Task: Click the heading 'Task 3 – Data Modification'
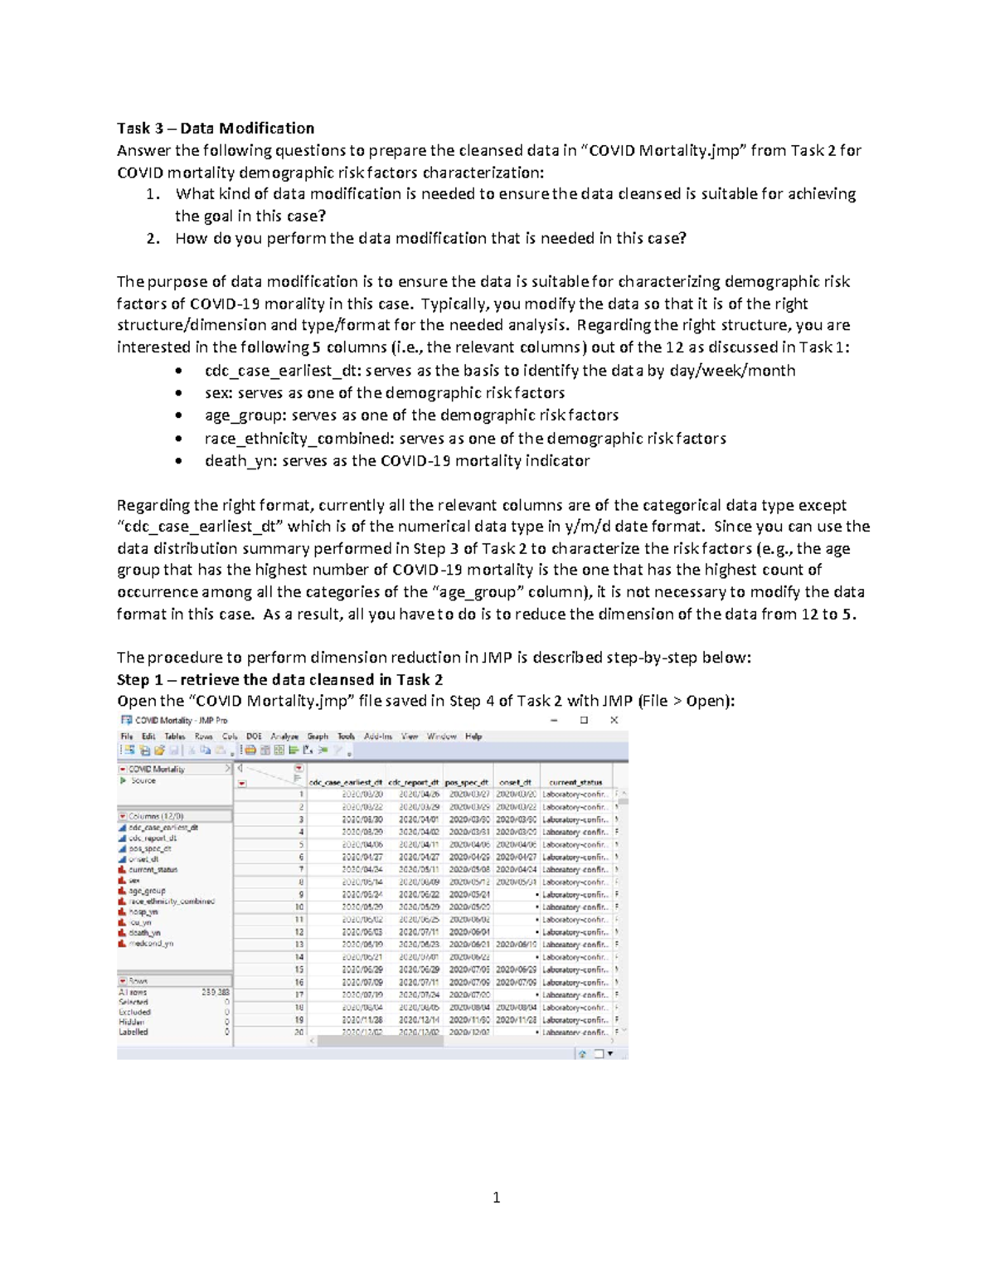point(216,128)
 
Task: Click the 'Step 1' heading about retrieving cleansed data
point(279,679)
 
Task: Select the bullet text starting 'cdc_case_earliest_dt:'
point(499,370)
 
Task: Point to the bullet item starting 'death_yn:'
point(396,460)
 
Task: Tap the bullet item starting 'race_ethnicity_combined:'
point(464,438)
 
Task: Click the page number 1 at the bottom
point(496,1197)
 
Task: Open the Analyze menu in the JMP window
point(284,736)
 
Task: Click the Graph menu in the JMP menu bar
point(318,736)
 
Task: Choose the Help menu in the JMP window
point(473,736)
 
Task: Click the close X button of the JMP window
point(614,720)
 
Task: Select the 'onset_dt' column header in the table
point(515,782)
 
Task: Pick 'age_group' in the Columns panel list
point(147,891)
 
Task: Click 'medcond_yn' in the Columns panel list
point(151,943)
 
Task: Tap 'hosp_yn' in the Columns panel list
point(143,911)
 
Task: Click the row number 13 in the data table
point(299,945)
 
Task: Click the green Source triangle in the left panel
point(124,780)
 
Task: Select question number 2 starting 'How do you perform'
point(430,238)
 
